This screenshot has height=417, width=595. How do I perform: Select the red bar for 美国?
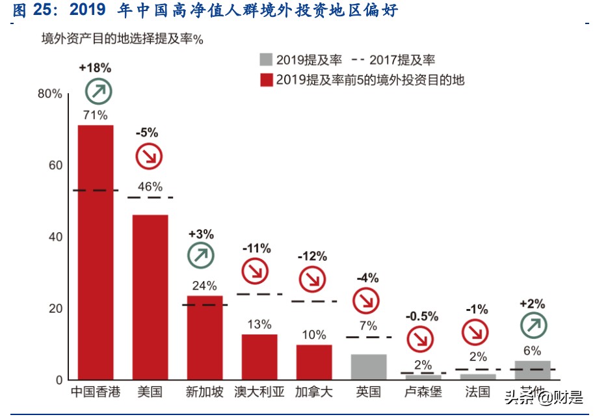point(150,297)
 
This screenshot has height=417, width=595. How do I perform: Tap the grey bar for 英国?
point(369,367)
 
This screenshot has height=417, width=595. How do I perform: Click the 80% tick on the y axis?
point(50,94)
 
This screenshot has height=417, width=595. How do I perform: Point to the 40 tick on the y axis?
point(55,237)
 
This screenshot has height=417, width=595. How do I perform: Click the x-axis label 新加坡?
point(205,392)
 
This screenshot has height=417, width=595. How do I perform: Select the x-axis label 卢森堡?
point(423,392)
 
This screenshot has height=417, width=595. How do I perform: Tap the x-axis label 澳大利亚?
point(259,392)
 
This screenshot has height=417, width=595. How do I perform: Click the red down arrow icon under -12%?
point(312,279)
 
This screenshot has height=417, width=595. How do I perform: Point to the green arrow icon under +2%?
point(533,326)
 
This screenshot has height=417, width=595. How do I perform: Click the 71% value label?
point(95,115)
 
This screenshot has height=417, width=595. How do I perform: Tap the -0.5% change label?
point(422,316)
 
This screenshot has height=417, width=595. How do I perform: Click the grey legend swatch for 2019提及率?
point(265,61)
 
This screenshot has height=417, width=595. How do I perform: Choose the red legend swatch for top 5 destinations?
point(265,80)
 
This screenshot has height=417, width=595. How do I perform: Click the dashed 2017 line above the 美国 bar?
point(150,197)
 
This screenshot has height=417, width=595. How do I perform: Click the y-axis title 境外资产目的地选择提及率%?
point(123,40)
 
